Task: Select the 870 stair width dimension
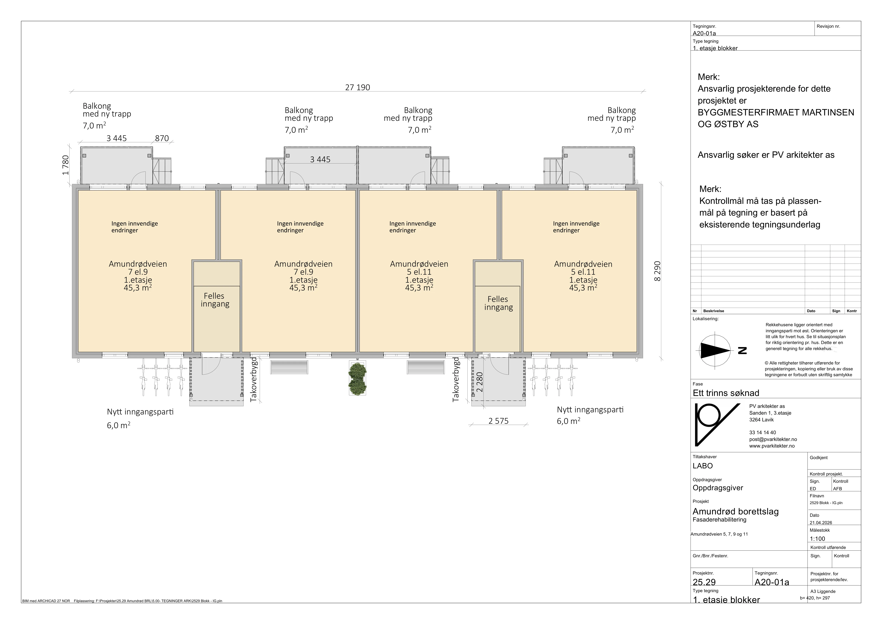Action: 162,138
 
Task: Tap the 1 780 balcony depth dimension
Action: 66,165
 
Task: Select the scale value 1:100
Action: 817,539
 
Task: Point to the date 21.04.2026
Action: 821,523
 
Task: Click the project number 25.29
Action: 704,582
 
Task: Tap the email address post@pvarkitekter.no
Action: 773,439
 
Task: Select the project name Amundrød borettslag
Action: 736,511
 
